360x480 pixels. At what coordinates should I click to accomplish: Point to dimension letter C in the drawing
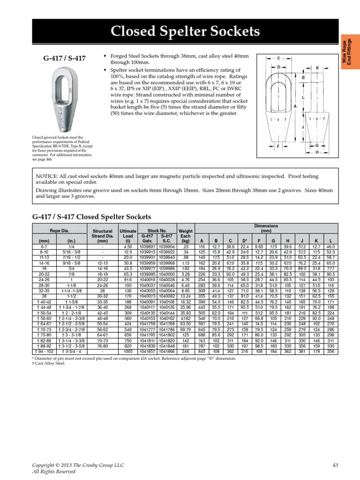click(278, 58)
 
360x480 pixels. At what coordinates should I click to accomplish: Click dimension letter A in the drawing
click(295, 107)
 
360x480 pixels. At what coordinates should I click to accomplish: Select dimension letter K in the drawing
click(317, 68)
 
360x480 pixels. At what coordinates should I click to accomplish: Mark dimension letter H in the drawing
click(317, 152)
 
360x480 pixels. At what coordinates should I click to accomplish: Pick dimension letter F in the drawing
click(278, 147)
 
